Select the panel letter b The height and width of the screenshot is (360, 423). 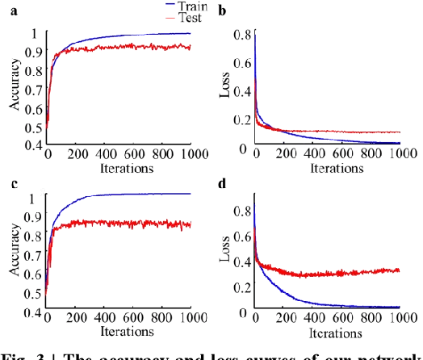pos(221,11)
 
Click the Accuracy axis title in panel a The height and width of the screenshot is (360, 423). pos(13,90)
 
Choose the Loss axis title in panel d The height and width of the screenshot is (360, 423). pos(226,253)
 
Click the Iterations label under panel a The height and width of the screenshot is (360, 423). pos(120,169)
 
